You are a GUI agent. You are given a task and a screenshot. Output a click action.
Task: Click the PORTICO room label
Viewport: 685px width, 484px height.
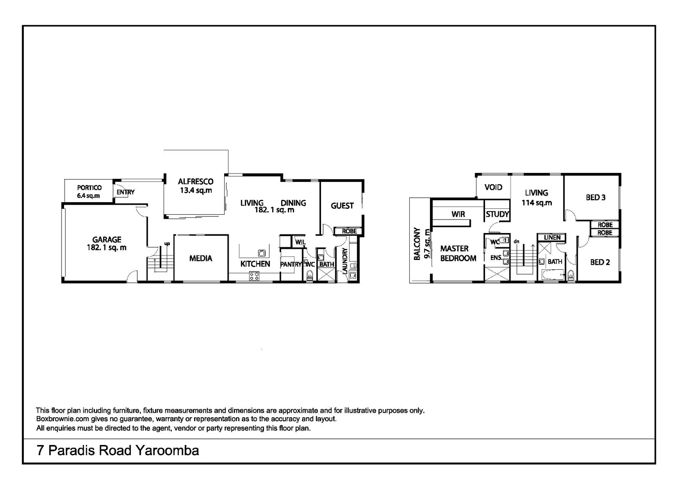89,188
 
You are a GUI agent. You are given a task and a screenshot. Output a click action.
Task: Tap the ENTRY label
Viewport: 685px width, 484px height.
126,192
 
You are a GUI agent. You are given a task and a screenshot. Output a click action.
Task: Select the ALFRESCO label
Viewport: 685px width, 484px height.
195,181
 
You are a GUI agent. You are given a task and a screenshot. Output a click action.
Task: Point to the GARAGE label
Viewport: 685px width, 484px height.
107,240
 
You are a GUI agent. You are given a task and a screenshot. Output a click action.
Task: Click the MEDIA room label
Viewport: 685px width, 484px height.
200,258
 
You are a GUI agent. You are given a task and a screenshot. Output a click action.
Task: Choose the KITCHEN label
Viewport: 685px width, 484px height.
255,264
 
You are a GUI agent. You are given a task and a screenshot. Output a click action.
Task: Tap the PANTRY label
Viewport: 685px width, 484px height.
290,264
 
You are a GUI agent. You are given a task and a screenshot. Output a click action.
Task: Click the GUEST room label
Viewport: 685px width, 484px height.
342,206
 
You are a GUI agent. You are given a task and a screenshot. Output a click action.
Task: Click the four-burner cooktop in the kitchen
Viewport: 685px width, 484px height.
254,276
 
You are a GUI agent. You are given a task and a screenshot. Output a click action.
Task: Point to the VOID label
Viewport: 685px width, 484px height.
493,187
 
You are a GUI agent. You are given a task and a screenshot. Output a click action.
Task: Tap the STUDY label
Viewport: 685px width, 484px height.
497,214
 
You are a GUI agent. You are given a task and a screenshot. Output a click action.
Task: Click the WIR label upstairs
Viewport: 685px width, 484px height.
458,214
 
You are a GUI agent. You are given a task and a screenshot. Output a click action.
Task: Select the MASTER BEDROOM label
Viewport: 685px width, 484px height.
458,253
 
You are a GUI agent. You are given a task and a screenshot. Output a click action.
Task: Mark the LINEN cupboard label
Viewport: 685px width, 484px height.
552,238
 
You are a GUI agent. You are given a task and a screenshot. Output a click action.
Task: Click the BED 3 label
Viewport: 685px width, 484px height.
595,197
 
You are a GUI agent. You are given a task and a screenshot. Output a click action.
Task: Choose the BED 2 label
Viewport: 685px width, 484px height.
599,262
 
